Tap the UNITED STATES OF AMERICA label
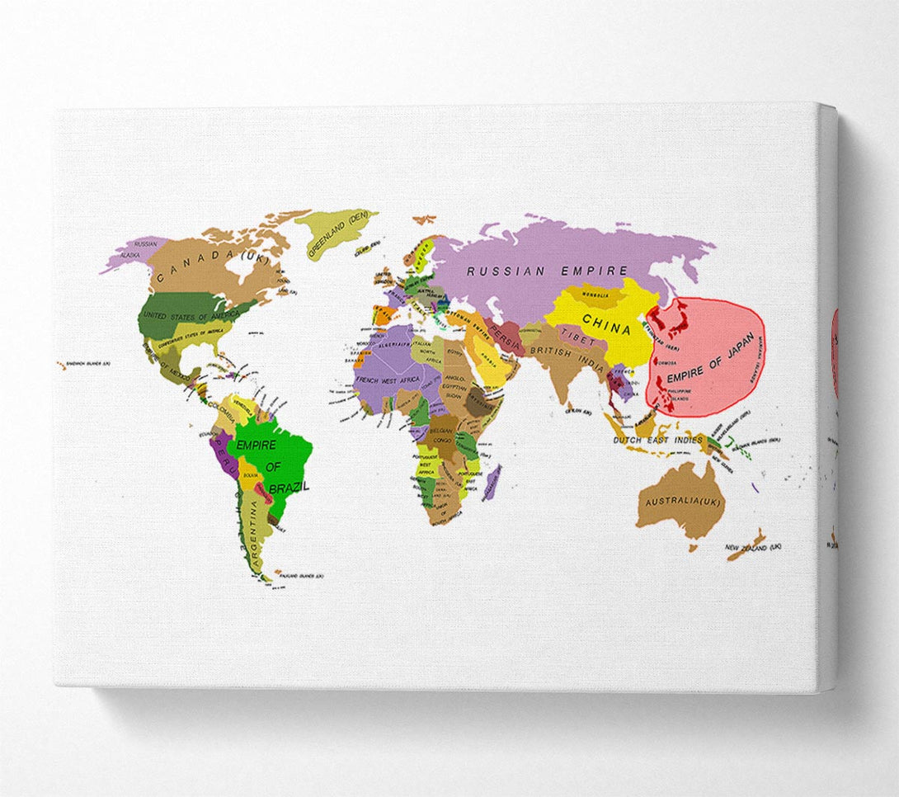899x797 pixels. (190, 316)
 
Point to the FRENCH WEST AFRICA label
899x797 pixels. (386, 381)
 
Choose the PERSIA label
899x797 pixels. (503, 333)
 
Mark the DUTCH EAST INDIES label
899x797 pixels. (657, 441)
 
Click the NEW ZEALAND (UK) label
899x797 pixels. (753, 548)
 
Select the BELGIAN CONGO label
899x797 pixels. (442, 435)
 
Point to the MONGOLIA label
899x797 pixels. (595, 295)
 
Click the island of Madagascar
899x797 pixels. (492, 483)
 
